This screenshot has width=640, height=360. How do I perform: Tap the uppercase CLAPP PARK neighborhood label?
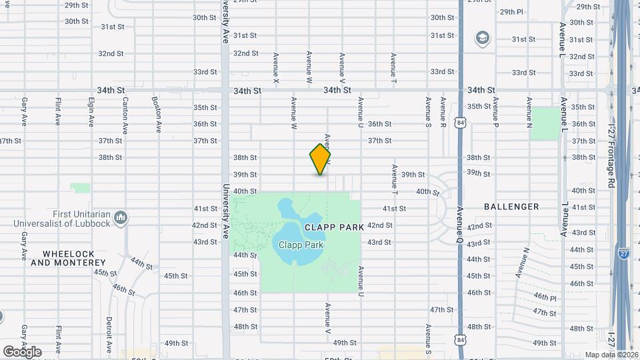[334, 227]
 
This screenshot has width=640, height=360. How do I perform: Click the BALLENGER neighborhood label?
[511, 207]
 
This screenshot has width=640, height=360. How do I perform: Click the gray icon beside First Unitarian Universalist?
[121, 217]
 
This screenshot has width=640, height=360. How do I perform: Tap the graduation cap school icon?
[481, 38]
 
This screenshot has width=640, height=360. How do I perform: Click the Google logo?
[21, 351]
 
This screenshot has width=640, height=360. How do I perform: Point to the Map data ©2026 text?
[611, 355]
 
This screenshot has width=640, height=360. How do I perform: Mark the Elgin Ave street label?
[91, 112]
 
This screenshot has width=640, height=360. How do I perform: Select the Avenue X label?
[275, 68]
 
